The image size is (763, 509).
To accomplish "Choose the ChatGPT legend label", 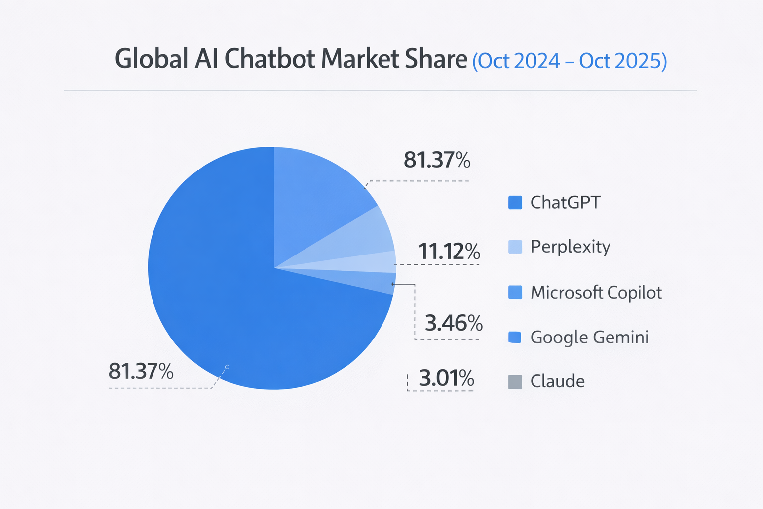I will coord(565,203).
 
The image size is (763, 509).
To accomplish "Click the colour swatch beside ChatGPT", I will coord(515,203).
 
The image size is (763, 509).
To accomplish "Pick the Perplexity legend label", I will coord(570,247).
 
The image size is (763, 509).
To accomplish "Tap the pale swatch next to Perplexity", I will coord(515,247).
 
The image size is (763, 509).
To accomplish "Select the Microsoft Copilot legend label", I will coord(596,292).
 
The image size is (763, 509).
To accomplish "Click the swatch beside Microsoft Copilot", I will coord(515,292).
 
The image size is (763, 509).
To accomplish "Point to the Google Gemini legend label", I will coord(590,337).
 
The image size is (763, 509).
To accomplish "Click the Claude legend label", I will coord(557,381).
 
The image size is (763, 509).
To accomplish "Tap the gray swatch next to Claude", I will coord(515,382).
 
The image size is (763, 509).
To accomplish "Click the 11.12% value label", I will coord(449,252).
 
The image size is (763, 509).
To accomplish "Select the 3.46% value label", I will coord(454,323).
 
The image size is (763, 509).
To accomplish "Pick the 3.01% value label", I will coord(447,378).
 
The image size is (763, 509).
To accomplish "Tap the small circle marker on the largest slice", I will coord(227,367).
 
